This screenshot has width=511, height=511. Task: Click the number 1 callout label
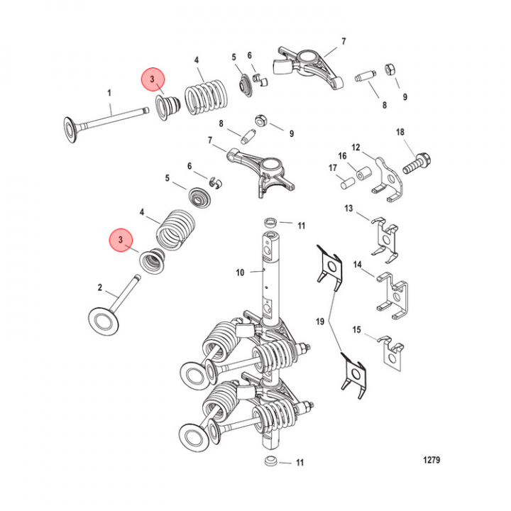point(109,93)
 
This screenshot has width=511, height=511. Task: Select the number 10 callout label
point(240,272)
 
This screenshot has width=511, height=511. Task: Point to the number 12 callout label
point(356,146)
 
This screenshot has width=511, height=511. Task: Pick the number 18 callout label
point(400,132)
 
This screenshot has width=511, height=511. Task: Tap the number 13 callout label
point(348,209)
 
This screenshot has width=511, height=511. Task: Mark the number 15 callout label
point(357,329)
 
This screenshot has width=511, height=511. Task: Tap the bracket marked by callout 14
point(393,295)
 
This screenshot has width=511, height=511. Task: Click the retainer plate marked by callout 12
point(389,177)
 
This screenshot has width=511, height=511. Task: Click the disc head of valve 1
point(72,131)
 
